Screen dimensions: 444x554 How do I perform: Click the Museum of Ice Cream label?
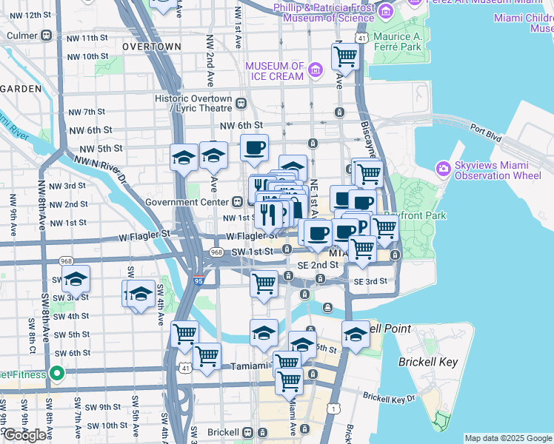(274, 71)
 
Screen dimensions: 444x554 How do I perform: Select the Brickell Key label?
(427, 363)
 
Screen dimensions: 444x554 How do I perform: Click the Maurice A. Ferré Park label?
(397, 41)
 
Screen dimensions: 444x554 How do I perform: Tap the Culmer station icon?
(47, 34)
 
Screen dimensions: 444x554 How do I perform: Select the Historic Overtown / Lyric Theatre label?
(194, 103)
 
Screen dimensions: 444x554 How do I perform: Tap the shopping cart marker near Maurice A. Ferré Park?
(346, 55)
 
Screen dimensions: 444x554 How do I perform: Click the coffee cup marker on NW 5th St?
(254, 148)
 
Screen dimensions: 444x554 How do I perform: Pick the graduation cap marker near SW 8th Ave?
(75, 280)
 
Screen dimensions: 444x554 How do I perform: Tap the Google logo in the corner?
(24, 435)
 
